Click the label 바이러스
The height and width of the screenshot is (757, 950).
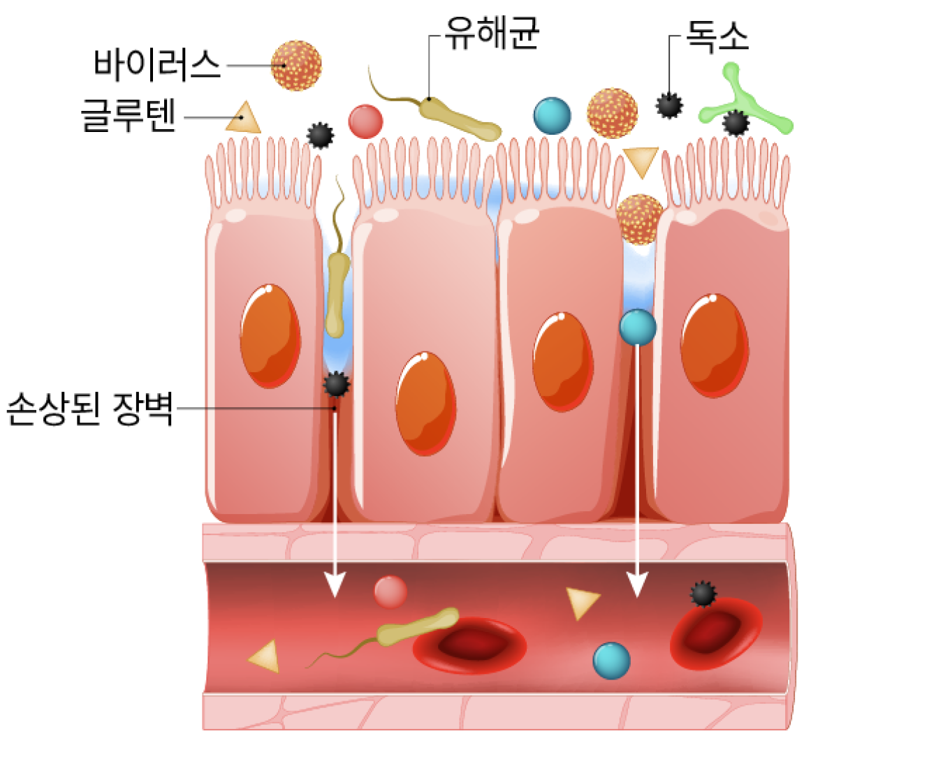[156, 65]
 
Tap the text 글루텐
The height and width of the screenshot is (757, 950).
[129, 116]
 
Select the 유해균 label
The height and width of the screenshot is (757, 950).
[491, 33]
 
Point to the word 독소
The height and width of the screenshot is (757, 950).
[717, 36]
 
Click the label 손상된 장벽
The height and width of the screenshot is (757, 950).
[89, 409]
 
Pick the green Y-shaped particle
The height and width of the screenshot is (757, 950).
[745, 101]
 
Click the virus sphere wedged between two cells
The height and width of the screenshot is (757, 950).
[640, 219]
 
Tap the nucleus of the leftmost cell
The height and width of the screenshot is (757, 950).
[270, 336]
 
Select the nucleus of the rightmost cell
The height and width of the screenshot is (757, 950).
[715, 346]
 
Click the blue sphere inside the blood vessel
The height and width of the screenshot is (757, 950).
[611, 661]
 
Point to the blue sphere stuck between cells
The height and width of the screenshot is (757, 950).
[638, 327]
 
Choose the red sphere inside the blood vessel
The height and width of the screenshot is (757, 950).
[390, 592]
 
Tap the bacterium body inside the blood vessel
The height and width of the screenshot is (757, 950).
[417, 627]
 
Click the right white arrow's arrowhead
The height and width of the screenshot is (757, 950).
[637, 584]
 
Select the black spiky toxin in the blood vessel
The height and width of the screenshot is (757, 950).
[703, 594]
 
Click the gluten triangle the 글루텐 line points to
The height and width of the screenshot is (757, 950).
[243, 118]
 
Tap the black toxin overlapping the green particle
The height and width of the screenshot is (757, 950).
[736, 123]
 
